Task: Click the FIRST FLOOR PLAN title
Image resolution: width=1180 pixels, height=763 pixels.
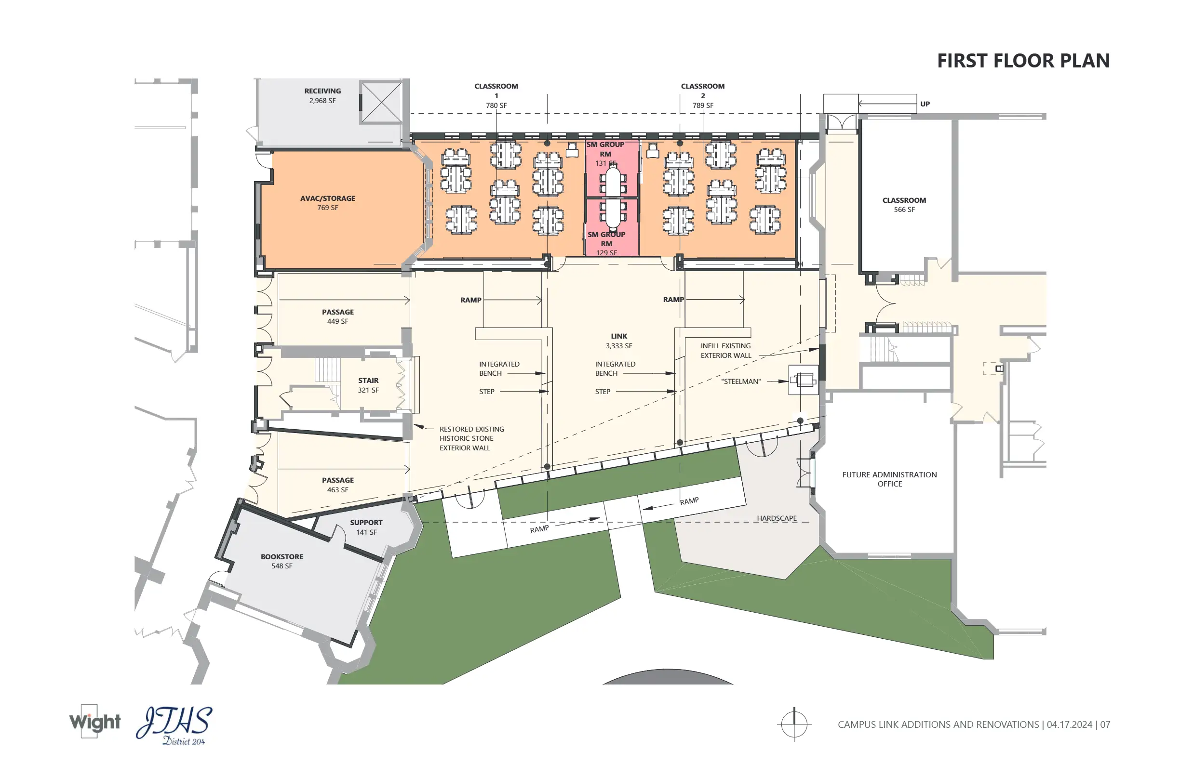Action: pyautogui.click(x=1023, y=60)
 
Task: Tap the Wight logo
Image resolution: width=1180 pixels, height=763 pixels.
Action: pyautogui.click(x=94, y=722)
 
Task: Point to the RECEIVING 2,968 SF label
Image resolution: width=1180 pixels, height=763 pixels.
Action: pyautogui.click(x=323, y=96)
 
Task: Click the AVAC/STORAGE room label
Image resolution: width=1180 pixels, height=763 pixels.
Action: pyautogui.click(x=328, y=203)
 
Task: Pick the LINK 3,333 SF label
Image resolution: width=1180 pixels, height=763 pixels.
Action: pyautogui.click(x=619, y=341)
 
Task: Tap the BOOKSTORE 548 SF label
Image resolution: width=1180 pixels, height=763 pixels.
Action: pyautogui.click(x=282, y=561)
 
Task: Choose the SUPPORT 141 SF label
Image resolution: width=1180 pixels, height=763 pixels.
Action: pyautogui.click(x=366, y=527)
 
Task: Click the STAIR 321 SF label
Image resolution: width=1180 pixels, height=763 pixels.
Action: pyautogui.click(x=368, y=385)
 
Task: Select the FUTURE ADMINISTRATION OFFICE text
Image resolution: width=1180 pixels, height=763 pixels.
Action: pyautogui.click(x=889, y=479)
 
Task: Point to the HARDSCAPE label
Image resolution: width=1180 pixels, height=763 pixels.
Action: pyautogui.click(x=777, y=518)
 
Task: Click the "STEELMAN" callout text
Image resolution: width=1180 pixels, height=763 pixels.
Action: pyautogui.click(x=741, y=381)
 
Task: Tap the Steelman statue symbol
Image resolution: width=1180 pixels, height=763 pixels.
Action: pyautogui.click(x=803, y=380)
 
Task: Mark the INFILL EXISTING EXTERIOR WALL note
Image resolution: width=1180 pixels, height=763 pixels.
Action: pyautogui.click(x=726, y=350)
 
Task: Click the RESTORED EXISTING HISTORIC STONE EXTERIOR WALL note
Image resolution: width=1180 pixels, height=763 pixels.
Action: pyautogui.click(x=471, y=438)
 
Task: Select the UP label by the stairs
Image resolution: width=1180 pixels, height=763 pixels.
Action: pyautogui.click(x=925, y=104)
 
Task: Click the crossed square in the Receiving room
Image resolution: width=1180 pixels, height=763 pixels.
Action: pyautogui.click(x=381, y=102)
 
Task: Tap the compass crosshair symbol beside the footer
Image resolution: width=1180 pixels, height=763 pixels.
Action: pyautogui.click(x=794, y=724)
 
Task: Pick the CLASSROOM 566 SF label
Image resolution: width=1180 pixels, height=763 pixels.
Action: pyautogui.click(x=904, y=205)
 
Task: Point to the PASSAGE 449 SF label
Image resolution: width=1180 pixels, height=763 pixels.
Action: pyautogui.click(x=337, y=316)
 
